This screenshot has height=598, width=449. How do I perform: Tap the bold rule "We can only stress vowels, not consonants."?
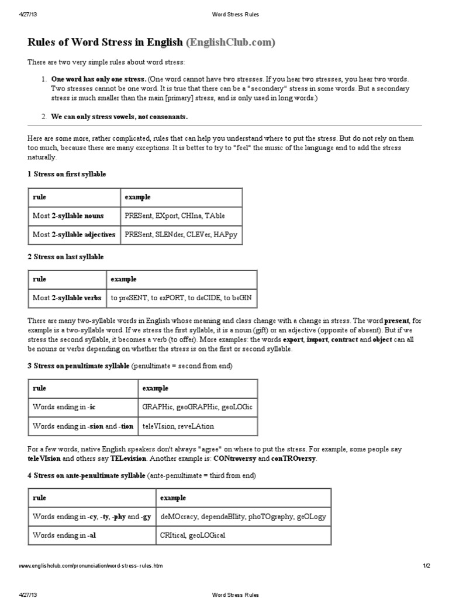click(119, 117)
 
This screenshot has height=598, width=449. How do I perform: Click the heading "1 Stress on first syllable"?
click(67, 174)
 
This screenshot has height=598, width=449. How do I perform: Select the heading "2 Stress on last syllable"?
click(65, 256)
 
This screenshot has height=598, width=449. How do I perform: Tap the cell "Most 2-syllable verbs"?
click(67, 298)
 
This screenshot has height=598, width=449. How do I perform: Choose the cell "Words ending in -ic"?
click(61, 406)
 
